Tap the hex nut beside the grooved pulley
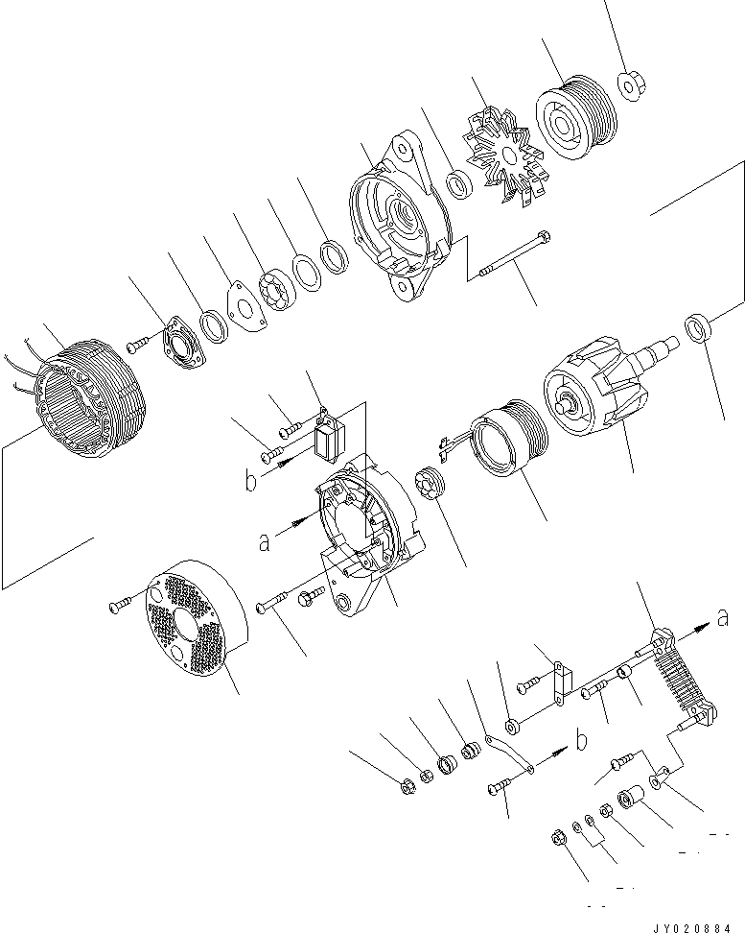pos(633,85)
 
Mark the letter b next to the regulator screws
pos(250,481)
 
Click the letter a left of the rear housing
pos(262,542)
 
